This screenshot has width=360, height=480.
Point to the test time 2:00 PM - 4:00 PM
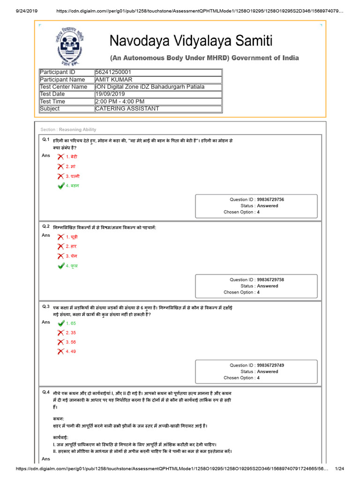pos(120,101)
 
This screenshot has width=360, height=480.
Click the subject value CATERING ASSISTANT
pos(127,109)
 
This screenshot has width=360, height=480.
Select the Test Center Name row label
pos(63,87)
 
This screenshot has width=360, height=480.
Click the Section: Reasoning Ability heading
pos(68,129)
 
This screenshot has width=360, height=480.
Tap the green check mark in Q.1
pos(60,186)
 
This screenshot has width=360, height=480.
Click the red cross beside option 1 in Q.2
pos(60,237)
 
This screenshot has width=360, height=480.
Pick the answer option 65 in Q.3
pos(71,323)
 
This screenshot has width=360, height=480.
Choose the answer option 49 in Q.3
pos(71,351)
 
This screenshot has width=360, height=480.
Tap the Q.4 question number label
pos(46,392)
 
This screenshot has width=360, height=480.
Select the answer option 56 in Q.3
pos(71,342)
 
